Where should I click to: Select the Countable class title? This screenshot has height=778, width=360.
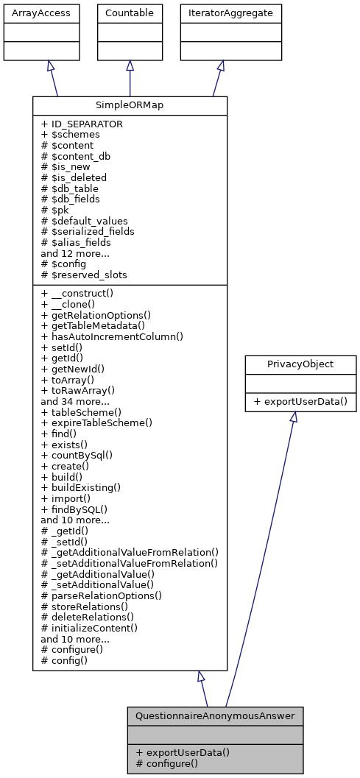click(130, 13)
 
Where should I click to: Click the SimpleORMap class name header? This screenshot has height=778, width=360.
click(130, 105)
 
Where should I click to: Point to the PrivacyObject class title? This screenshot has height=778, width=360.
click(300, 364)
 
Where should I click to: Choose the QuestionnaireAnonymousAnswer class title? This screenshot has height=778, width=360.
click(215, 715)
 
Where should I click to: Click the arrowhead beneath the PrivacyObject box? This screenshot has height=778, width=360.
click(293, 417)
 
